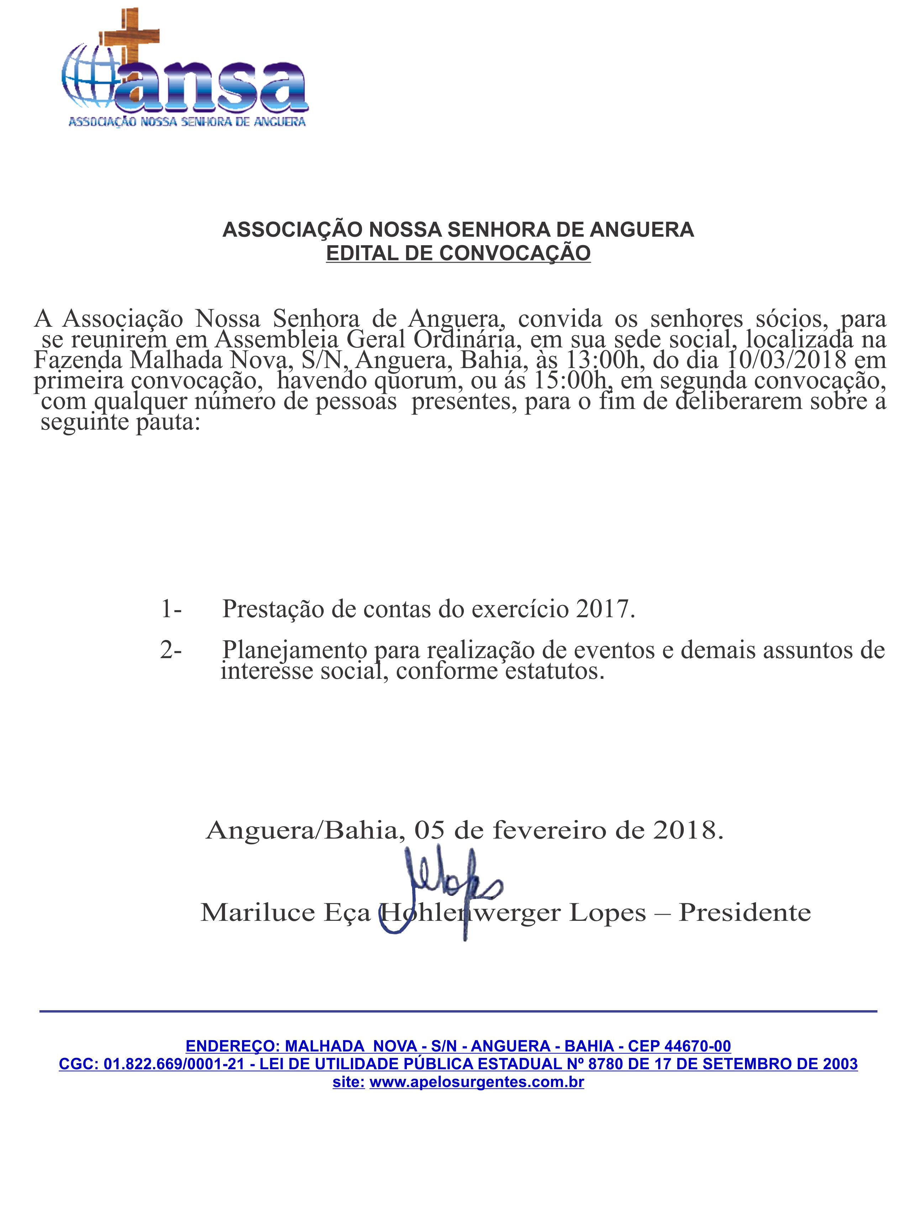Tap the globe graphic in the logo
pyautogui.click(x=88, y=77)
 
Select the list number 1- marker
pyautogui.click(x=171, y=609)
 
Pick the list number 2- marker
pyautogui.click(x=171, y=650)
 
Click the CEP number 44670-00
pyautogui.click(x=698, y=1046)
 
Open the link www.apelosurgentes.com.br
pyautogui.click(x=477, y=1082)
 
